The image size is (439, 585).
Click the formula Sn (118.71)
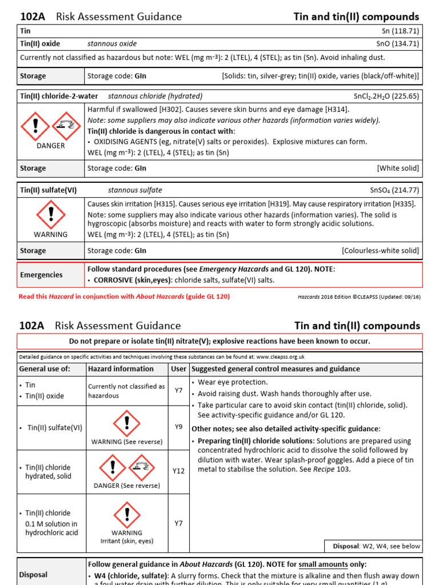coord(400,31)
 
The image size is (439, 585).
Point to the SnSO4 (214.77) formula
coord(394,190)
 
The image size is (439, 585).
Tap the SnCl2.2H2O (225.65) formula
coord(386,96)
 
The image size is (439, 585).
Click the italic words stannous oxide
coord(112,43)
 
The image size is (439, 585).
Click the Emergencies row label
coord(41,275)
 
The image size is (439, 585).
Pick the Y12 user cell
coord(178,471)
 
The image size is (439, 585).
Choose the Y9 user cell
coord(178,426)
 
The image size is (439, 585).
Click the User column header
coord(178,369)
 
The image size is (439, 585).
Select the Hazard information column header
coord(121,369)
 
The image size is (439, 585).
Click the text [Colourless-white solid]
coord(380,251)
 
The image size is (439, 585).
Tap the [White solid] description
coord(398,169)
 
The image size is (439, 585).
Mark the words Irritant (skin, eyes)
coord(126,541)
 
